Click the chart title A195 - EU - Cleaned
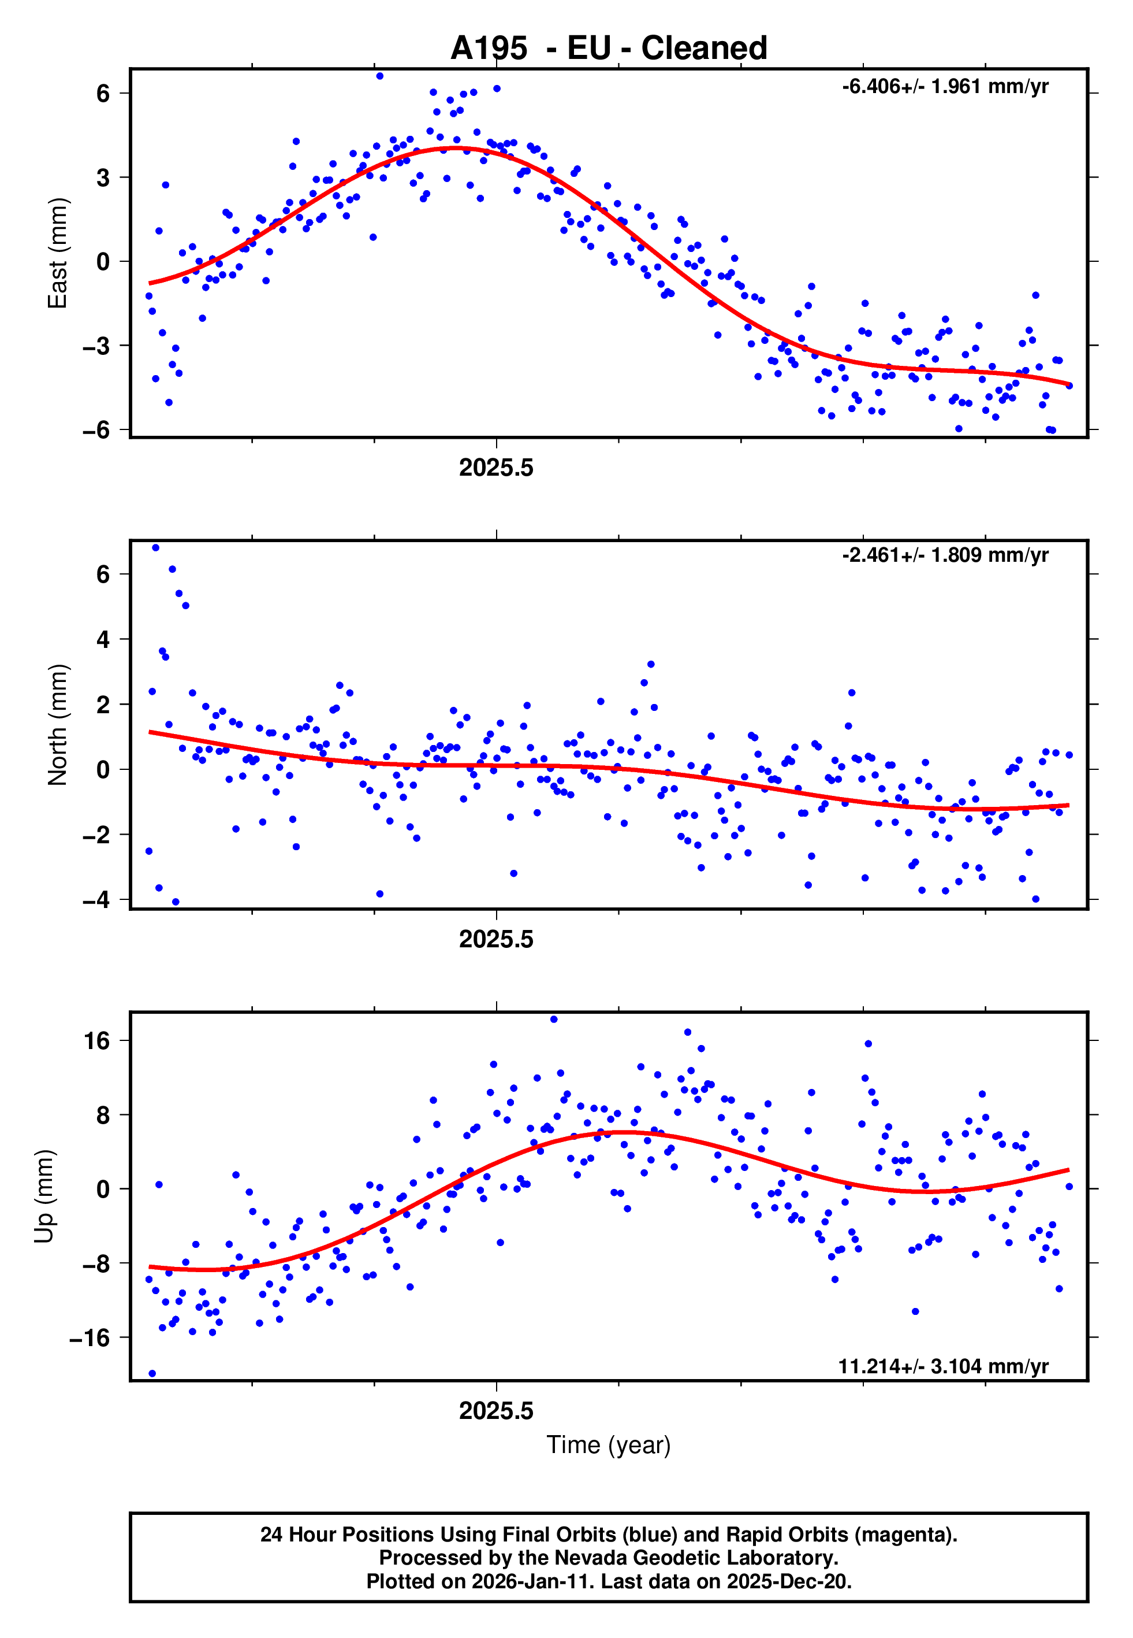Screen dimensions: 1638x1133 point(609,49)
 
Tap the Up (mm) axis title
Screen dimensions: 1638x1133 point(44,1196)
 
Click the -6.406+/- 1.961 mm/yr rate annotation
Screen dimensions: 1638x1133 point(945,87)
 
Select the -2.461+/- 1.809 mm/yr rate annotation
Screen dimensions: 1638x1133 point(945,555)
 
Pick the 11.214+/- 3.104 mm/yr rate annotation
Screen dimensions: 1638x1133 point(943,1366)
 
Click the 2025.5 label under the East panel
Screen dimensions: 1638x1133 point(495,468)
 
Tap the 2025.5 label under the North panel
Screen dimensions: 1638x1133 point(495,939)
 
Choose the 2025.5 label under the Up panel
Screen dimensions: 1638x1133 point(495,1411)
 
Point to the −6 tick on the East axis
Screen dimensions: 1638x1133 point(96,430)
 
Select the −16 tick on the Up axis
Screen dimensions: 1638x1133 point(90,1337)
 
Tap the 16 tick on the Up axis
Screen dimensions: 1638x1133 point(96,1040)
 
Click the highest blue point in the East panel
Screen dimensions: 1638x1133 point(380,76)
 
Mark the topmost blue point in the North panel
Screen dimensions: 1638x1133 point(155,548)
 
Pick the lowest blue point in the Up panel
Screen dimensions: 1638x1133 point(152,1374)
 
